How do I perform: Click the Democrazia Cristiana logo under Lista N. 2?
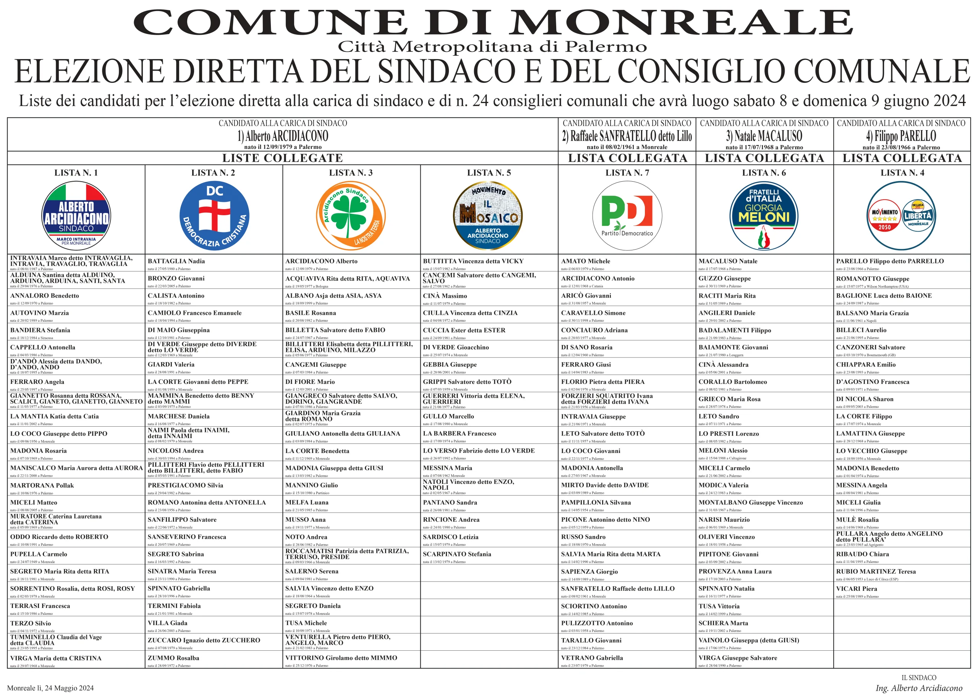click(x=214, y=215)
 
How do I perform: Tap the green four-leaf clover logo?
click(x=351, y=215)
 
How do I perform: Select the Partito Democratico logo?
click(x=627, y=215)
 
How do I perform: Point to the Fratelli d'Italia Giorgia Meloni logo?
click(x=764, y=215)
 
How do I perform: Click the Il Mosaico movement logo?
click(x=488, y=215)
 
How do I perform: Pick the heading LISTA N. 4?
click(x=902, y=173)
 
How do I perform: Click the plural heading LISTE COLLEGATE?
click(x=282, y=158)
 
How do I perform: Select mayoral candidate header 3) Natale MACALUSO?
click(x=764, y=136)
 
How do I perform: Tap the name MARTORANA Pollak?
click(x=42, y=485)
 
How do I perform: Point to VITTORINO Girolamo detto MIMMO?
click(x=341, y=658)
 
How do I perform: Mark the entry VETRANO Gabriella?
click(x=592, y=658)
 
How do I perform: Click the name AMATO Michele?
click(x=585, y=261)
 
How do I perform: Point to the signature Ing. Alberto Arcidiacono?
click(x=919, y=688)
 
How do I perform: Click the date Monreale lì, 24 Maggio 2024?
click(x=50, y=688)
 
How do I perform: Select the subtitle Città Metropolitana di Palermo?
click(x=492, y=47)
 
